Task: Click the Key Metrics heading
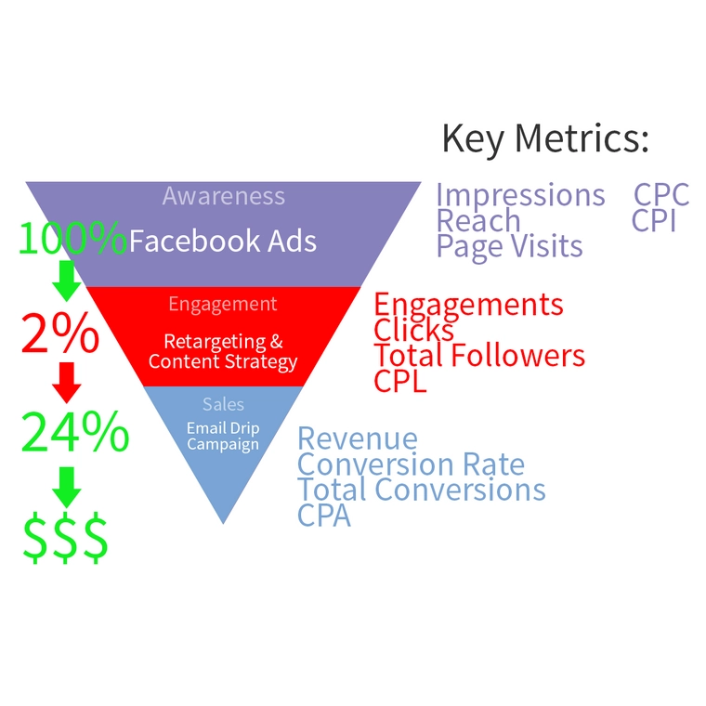(x=544, y=139)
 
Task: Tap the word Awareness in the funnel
(x=223, y=196)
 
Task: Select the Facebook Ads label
(x=223, y=242)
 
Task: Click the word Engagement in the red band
(x=223, y=304)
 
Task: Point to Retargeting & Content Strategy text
(x=223, y=352)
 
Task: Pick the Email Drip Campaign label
(x=223, y=436)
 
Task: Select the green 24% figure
(x=74, y=431)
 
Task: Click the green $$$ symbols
(x=65, y=539)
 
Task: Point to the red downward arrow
(x=66, y=379)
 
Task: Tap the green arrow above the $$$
(x=66, y=486)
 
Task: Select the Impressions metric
(x=520, y=196)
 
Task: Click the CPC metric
(x=661, y=196)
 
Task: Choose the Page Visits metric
(x=509, y=246)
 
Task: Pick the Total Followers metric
(x=479, y=356)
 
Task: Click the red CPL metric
(x=400, y=381)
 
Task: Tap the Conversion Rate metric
(x=411, y=464)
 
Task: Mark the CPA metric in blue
(x=324, y=515)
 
